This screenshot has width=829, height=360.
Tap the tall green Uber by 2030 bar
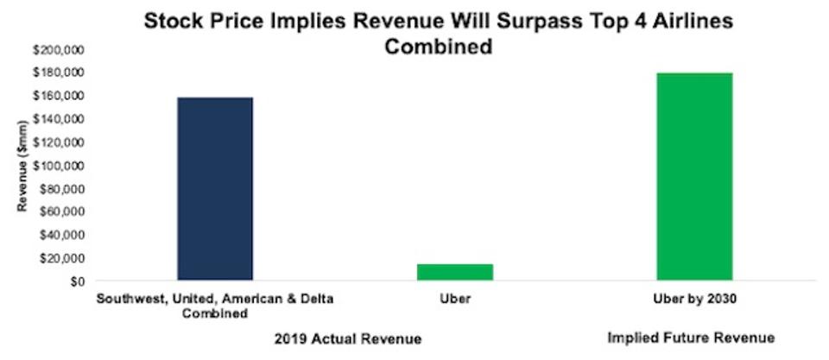coord(695,177)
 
